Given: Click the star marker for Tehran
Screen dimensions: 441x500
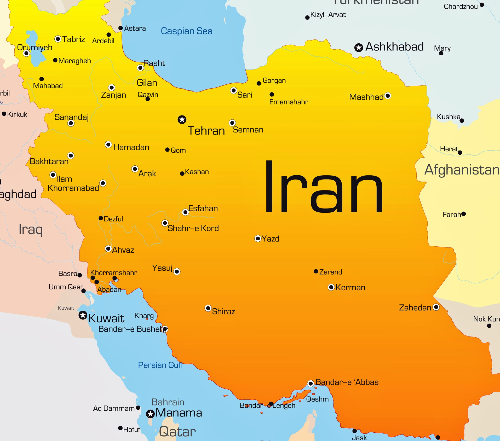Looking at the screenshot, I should point(182,120).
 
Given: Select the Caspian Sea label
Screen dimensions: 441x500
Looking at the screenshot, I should point(187,31).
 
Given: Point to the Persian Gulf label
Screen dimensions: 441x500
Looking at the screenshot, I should point(160,365).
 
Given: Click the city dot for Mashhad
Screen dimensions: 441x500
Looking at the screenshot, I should point(388,96).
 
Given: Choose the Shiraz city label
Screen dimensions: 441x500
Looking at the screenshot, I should point(223,311).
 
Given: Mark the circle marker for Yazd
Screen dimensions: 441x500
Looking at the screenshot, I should point(258,239).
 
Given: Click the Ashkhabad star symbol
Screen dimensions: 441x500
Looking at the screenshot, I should point(359,48).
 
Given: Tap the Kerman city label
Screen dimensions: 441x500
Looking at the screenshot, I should point(350,287).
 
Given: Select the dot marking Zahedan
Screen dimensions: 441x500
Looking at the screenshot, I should point(436,307).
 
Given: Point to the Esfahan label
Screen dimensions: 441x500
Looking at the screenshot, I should point(203,208).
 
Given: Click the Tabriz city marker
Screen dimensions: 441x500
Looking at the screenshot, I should point(58,39).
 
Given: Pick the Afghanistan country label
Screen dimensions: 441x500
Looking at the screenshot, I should point(462,170).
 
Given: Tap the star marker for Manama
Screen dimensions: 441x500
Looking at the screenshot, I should point(150,414).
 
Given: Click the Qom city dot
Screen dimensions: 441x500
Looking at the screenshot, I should point(168,150).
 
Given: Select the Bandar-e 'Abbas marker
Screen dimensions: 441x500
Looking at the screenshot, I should point(311,384).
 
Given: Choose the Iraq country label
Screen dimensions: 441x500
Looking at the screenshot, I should point(31,229).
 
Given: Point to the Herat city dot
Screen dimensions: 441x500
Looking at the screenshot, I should point(460,153).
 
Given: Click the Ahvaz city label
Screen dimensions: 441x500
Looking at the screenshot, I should point(123,250).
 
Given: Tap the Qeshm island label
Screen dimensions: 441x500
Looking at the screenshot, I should point(317,399).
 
